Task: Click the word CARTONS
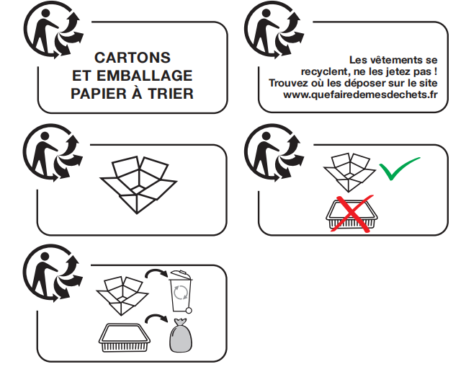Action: click(133, 58)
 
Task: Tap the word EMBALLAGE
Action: click(145, 76)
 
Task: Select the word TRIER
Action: click(171, 94)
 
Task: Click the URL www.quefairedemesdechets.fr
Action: click(360, 94)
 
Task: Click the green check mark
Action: click(400, 168)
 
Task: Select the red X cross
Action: click(352, 213)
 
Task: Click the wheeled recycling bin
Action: click(181, 291)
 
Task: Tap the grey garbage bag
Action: click(180, 335)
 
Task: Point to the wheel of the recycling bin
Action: click(189, 311)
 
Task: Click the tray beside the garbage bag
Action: click(125, 338)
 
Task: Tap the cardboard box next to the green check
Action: click(349, 172)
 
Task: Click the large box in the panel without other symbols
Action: click(138, 185)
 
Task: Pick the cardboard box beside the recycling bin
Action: click(122, 296)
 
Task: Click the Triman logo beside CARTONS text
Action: click(53, 30)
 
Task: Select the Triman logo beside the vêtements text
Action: click(274, 30)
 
